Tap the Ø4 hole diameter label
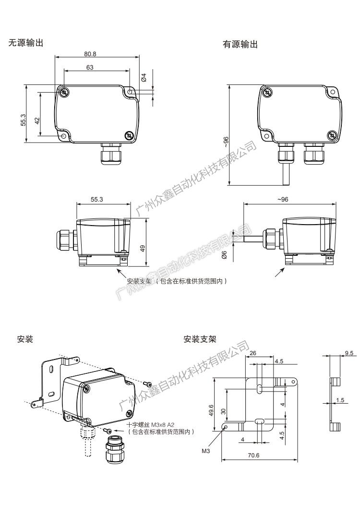point(143,77)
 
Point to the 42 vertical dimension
point(37,120)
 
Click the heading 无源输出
point(26,43)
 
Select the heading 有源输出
point(240,44)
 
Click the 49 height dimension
point(143,248)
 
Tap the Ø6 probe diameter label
point(224,255)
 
